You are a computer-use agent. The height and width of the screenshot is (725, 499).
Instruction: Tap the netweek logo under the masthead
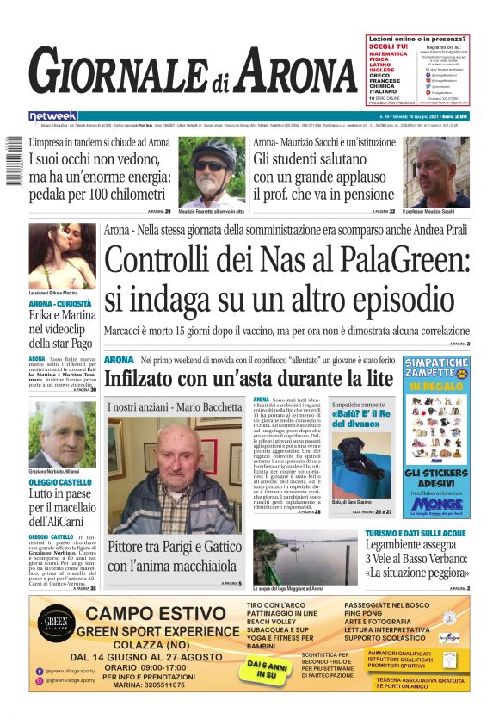coord(53,116)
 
